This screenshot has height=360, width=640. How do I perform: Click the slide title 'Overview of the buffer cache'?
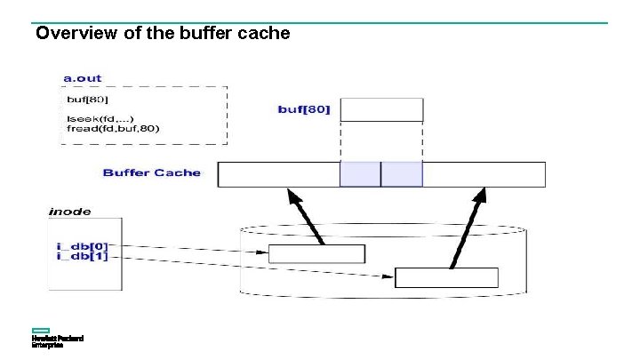click(x=163, y=34)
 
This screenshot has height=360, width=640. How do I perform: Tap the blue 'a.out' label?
click(x=83, y=77)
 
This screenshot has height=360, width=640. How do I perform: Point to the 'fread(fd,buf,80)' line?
click(x=113, y=128)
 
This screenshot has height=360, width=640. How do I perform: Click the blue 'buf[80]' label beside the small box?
click(x=304, y=109)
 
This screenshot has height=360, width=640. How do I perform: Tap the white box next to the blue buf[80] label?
click(x=381, y=109)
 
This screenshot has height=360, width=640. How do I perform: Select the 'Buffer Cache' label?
click(x=152, y=172)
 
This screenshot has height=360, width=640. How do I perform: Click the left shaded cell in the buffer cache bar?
click(x=360, y=174)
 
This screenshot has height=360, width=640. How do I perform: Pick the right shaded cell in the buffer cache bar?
click(x=402, y=174)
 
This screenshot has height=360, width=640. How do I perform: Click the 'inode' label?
click(x=69, y=212)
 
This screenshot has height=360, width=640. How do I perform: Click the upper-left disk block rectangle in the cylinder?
click(x=316, y=253)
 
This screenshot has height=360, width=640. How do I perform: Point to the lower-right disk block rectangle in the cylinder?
click(x=446, y=276)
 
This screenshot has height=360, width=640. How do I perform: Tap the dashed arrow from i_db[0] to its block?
click(x=196, y=248)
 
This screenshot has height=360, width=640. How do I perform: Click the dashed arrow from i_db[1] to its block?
click(x=258, y=266)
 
